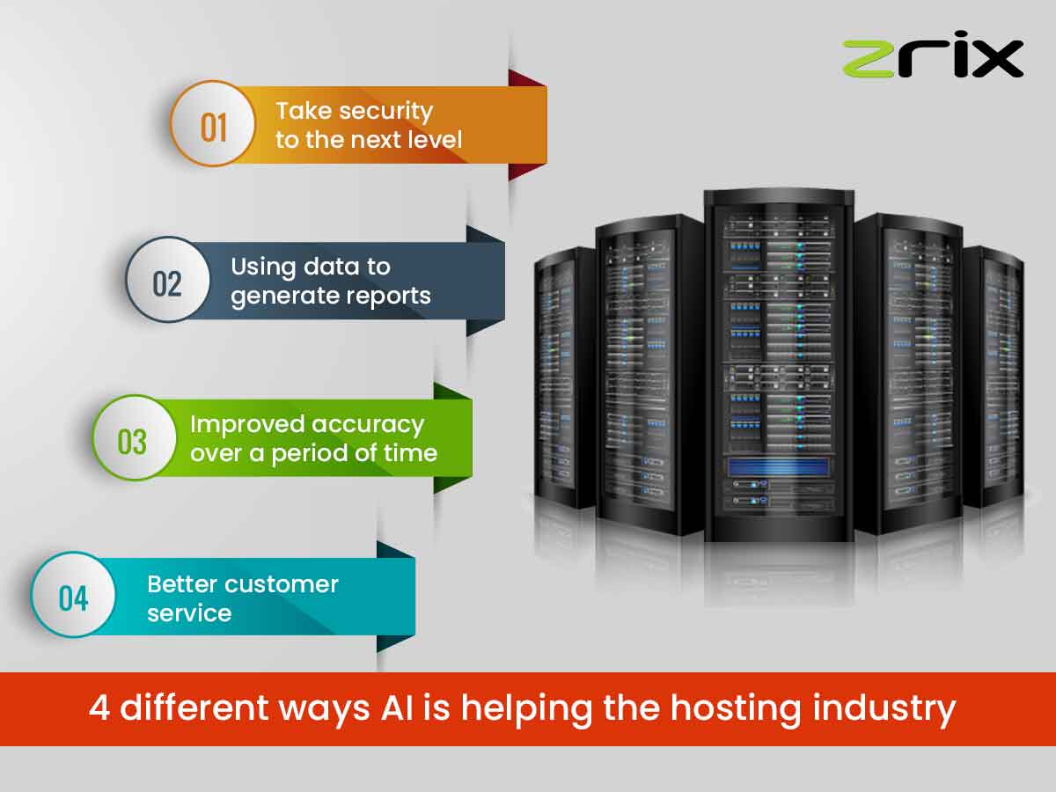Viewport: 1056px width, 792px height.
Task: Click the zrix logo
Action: point(933,58)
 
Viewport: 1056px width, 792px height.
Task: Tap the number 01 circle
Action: point(213,124)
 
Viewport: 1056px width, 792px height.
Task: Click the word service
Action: point(189,613)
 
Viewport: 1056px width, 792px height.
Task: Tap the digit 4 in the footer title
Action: point(100,708)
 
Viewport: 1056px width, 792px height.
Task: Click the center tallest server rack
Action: point(778,361)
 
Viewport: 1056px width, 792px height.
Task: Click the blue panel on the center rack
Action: point(779,466)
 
